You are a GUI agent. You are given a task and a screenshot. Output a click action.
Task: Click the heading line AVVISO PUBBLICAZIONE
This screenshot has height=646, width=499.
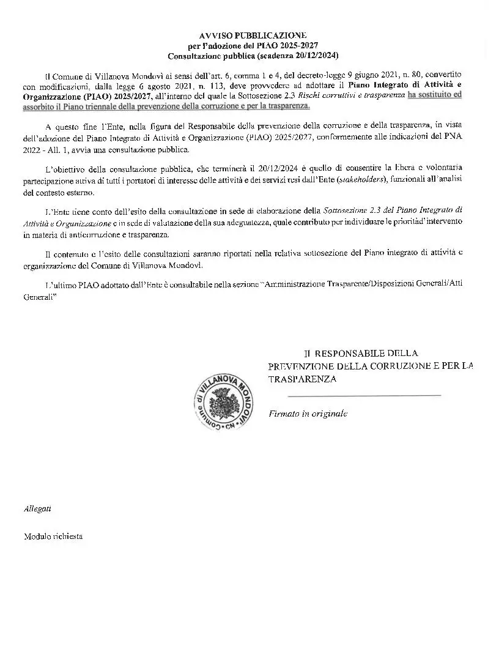click(x=253, y=36)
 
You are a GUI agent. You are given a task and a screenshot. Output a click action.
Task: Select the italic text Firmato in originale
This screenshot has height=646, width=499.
click(x=308, y=414)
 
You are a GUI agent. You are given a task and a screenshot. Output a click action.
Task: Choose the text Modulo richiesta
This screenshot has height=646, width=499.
click(x=53, y=536)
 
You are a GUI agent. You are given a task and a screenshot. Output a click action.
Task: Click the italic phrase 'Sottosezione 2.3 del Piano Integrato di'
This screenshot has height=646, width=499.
click(x=393, y=211)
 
